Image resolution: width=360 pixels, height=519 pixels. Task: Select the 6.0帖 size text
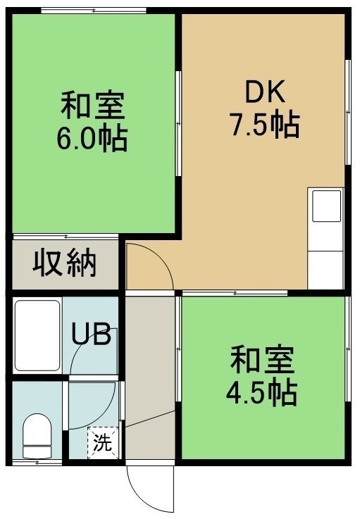coord(92,138)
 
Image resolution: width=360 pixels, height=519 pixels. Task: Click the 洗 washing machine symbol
coord(103,443)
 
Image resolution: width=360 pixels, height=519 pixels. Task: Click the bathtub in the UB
coord(37,335)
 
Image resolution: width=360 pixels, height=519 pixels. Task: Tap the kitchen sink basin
coord(327,206)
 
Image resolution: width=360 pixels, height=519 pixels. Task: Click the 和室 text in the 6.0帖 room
coord(92,106)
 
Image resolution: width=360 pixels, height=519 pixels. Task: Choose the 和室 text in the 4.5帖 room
coord(262,360)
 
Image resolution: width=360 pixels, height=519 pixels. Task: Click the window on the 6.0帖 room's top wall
coord(94,11)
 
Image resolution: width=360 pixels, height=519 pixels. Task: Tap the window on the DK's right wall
coord(348,112)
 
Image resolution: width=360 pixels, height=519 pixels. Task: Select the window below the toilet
coord(37,463)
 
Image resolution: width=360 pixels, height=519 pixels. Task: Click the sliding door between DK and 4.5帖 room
coord(235,293)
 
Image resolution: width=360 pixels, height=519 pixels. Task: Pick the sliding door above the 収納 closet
coord(66,237)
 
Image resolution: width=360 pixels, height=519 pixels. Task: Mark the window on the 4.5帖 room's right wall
coord(348,349)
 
